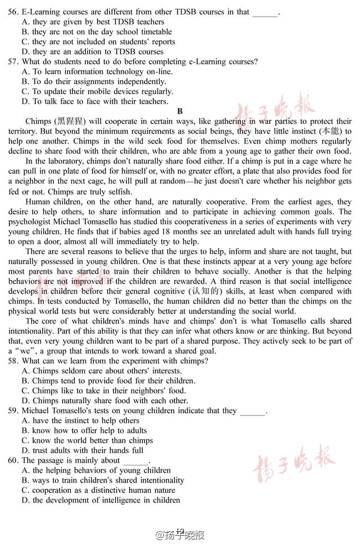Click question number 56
pos(13,12)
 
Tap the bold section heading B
pos(180,111)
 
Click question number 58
pos(13,361)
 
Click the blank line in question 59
pos(253,412)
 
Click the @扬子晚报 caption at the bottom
pos(180,535)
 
